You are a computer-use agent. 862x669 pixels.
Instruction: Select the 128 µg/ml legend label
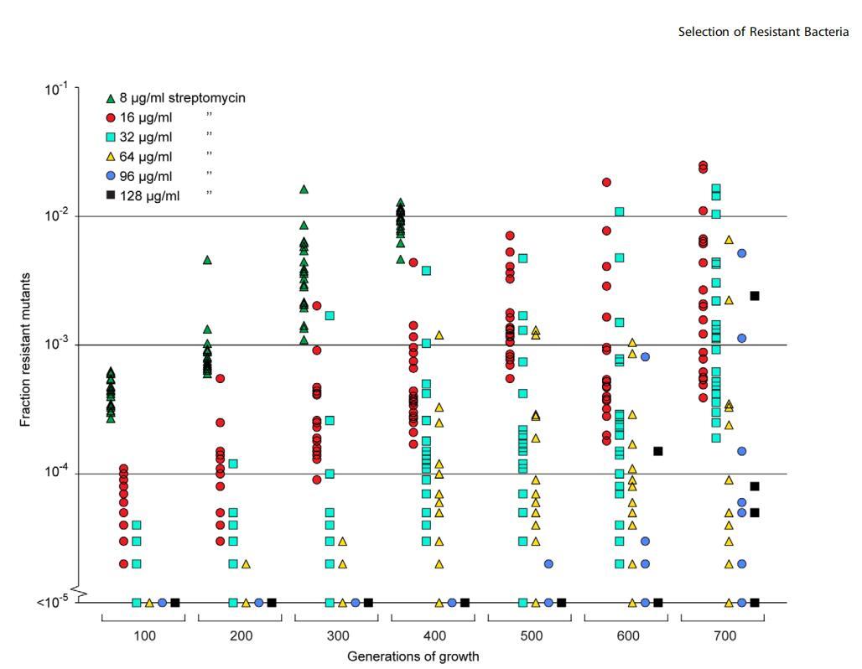149,196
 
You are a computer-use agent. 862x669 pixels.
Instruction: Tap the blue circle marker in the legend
111,176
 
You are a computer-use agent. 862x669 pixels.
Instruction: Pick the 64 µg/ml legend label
146,157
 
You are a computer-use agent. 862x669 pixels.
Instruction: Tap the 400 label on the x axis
434,636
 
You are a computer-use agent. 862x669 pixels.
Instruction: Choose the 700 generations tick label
724,636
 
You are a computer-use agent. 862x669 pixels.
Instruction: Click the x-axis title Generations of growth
413,656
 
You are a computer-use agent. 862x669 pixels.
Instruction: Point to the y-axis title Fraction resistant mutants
26,349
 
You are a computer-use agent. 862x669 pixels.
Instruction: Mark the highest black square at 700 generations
755,296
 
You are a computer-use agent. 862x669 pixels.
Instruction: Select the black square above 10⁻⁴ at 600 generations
658,451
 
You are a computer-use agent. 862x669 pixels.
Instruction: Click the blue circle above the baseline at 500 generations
548,564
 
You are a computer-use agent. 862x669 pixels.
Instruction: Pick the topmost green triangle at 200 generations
207,260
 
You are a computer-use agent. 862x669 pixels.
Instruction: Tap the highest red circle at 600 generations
606,182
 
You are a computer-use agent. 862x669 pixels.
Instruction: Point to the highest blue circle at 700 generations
742,253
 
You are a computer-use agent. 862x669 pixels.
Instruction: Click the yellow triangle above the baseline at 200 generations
246,564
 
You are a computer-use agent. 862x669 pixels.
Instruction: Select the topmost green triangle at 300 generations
304,189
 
